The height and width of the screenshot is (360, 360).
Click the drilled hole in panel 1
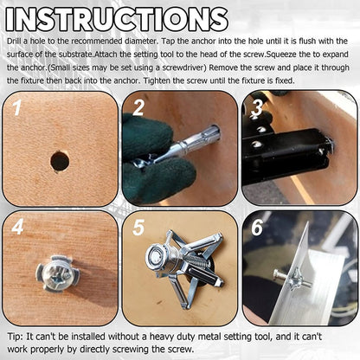[x=59, y=161]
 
